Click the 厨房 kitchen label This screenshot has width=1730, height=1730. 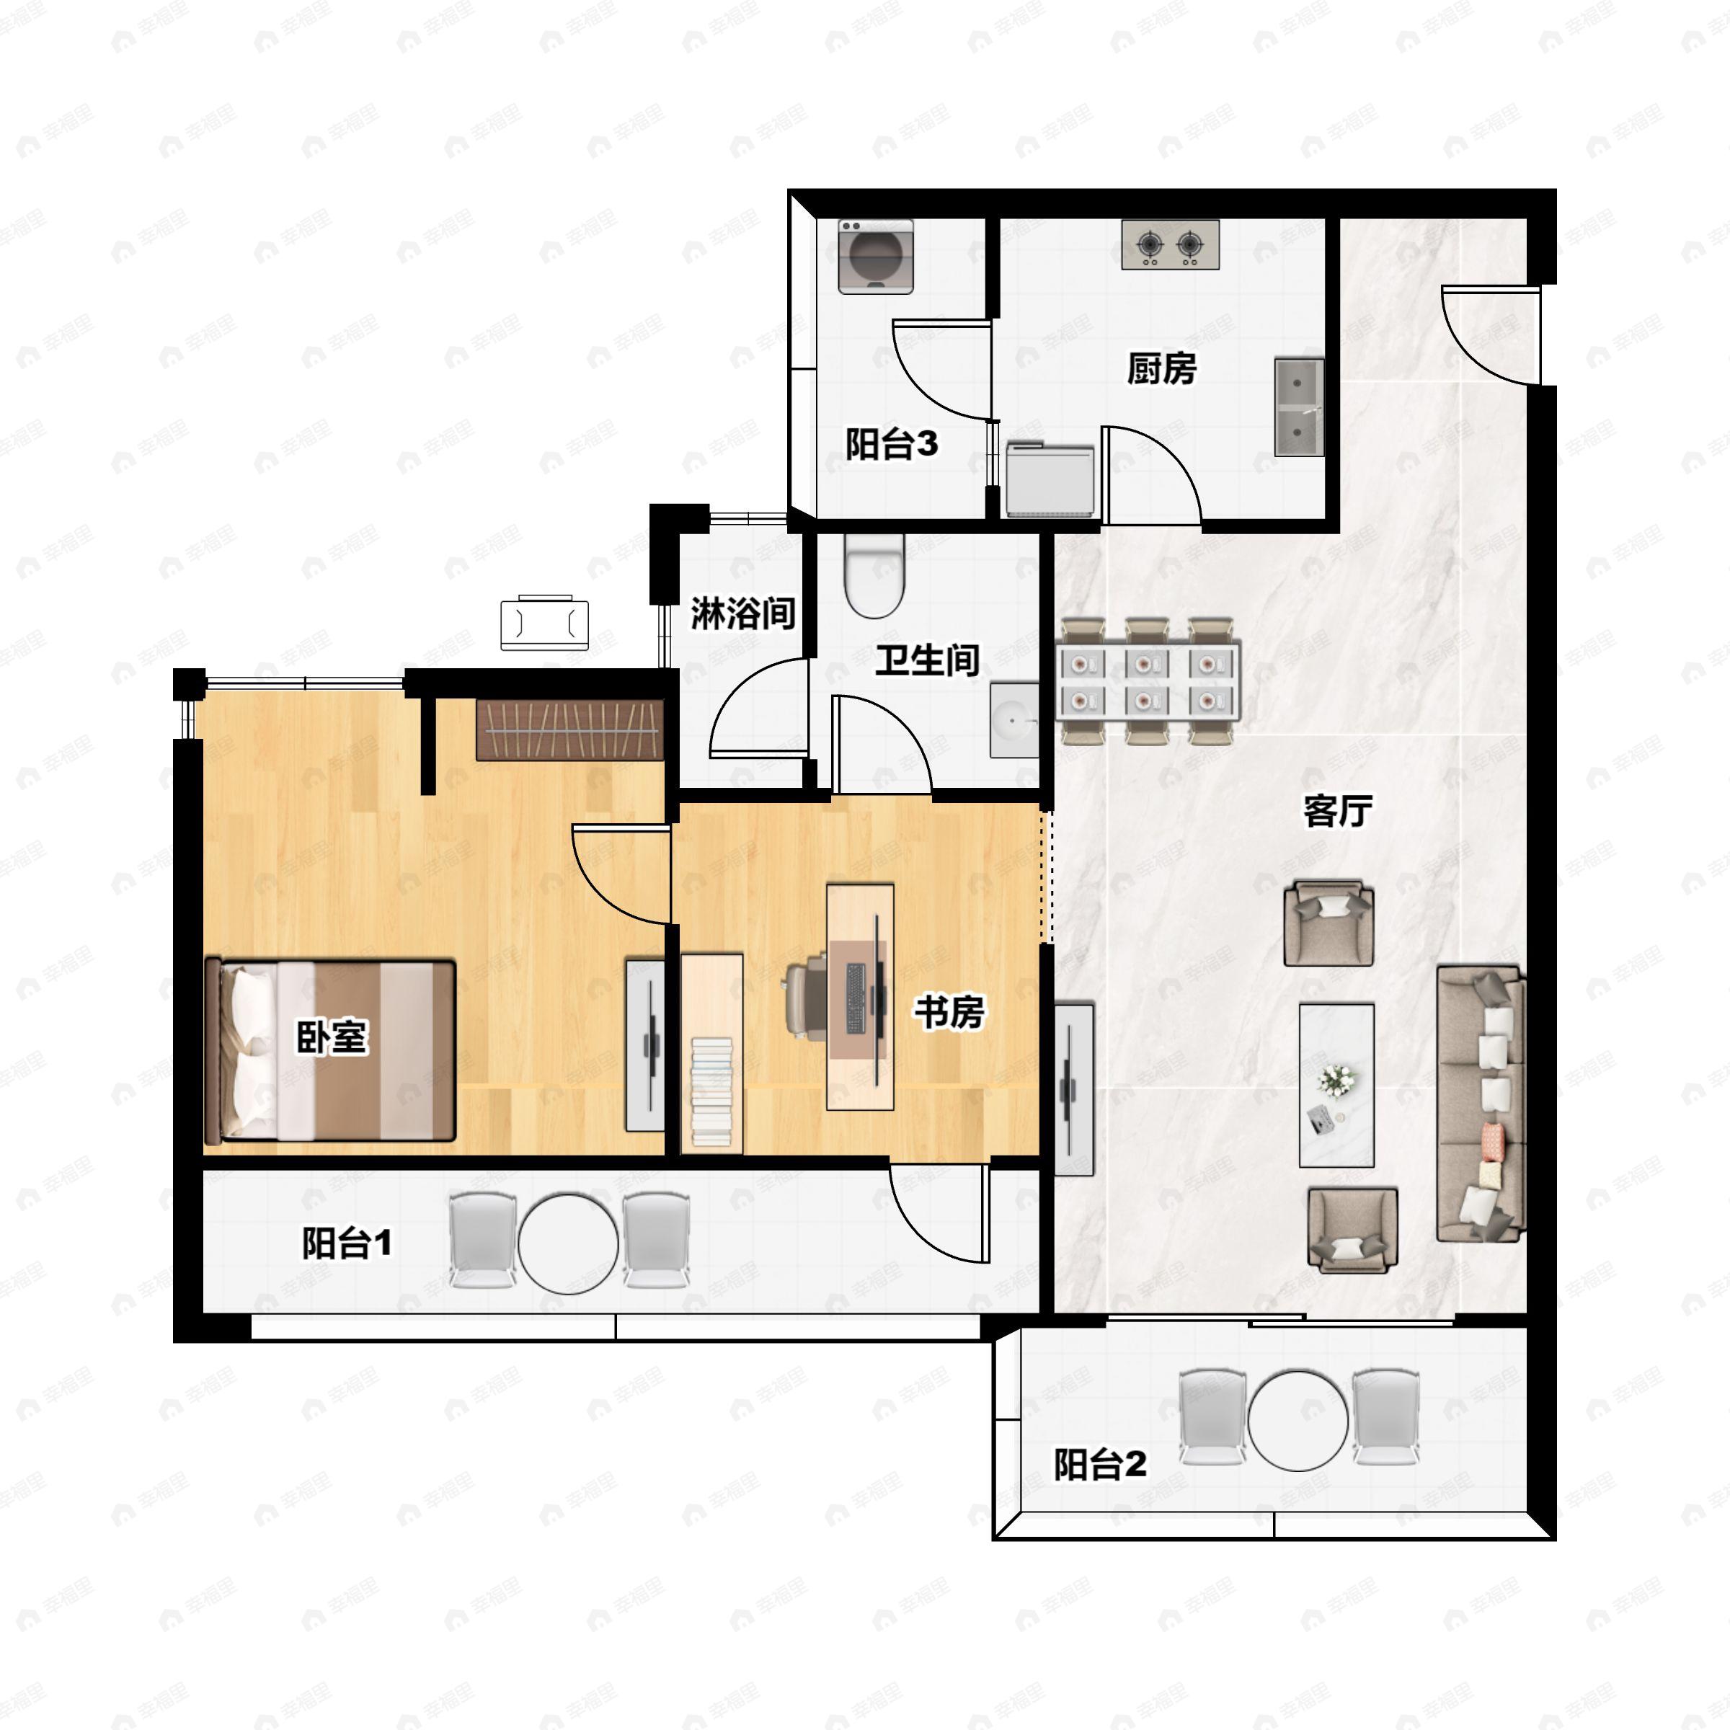pyautogui.click(x=1161, y=368)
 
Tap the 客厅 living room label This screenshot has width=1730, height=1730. pyautogui.click(x=1338, y=810)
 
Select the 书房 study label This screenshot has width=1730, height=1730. pyautogui.click(x=949, y=1012)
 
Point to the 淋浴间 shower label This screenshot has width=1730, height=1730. pyautogui.click(x=743, y=613)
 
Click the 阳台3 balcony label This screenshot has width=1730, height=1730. pyautogui.click(x=892, y=443)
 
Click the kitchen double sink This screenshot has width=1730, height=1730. pyautogui.click(x=1298, y=407)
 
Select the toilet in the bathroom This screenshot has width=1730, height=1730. pyautogui.click(x=875, y=576)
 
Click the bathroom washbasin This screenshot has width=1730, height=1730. pyautogui.click(x=1014, y=720)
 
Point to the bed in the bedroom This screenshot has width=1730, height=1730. pyautogui.click(x=330, y=1050)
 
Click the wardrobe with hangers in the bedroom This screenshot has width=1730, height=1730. pyautogui.click(x=569, y=729)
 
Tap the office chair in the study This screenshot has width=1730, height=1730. pyautogui.click(x=807, y=998)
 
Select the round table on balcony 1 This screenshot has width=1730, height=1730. pyautogui.click(x=568, y=1243)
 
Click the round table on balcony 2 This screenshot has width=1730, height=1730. pyautogui.click(x=1297, y=1420)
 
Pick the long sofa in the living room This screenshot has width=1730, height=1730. pyautogui.click(x=1480, y=1103)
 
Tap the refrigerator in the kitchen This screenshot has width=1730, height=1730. pyautogui.click(x=1050, y=479)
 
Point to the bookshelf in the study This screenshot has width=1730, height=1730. pyautogui.click(x=712, y=1053)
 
